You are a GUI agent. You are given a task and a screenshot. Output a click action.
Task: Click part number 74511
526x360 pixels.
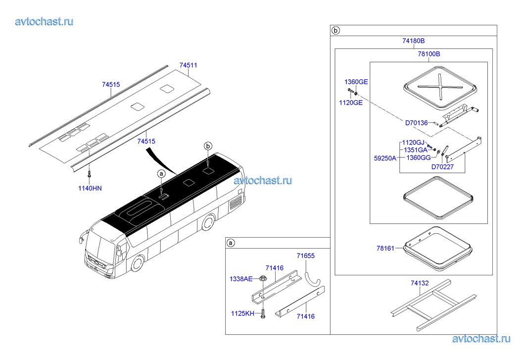point(188,65)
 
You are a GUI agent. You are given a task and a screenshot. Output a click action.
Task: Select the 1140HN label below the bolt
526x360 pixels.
point(90,188)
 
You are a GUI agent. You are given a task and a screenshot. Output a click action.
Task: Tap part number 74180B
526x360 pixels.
point(414,41)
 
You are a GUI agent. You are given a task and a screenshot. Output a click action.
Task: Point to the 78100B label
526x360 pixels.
point(429,54)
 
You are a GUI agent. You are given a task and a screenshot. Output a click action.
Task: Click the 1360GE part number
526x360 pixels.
point(356,82)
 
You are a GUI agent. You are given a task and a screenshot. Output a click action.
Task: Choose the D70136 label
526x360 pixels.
point(416,123)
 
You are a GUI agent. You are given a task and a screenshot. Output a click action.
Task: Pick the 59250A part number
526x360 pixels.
point(385,158)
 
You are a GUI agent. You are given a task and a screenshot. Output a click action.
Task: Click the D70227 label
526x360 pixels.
point(442,167)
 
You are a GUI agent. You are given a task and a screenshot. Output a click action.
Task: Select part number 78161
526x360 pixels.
point(385,249)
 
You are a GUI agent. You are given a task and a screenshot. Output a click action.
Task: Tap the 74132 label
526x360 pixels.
point(420,283)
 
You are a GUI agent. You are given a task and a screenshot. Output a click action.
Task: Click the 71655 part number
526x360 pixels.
point(306,256)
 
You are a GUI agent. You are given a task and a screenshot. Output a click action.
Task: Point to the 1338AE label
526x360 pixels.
point(241,279)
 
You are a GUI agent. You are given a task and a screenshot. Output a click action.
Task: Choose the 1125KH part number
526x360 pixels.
point(242,313)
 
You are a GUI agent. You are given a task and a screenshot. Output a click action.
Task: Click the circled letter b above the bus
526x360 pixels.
point(208,146)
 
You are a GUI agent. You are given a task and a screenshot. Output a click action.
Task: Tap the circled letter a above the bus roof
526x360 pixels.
point(162,174)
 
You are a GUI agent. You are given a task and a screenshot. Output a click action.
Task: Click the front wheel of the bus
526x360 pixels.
point(137,263)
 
